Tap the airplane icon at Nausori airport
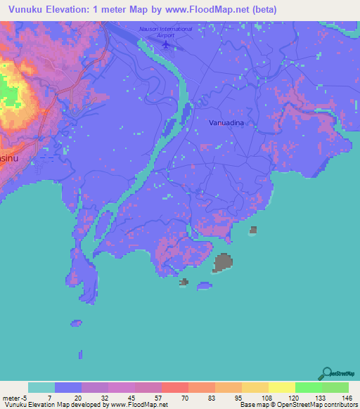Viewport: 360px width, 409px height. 166,45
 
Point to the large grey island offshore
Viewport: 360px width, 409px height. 224,263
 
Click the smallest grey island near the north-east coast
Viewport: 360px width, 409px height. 253,230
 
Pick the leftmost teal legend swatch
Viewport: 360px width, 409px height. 41,387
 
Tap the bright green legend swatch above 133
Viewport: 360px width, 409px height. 308,387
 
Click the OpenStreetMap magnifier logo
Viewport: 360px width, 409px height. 326,373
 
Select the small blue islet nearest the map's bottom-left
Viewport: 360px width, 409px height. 76,323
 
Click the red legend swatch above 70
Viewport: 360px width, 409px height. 174,387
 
